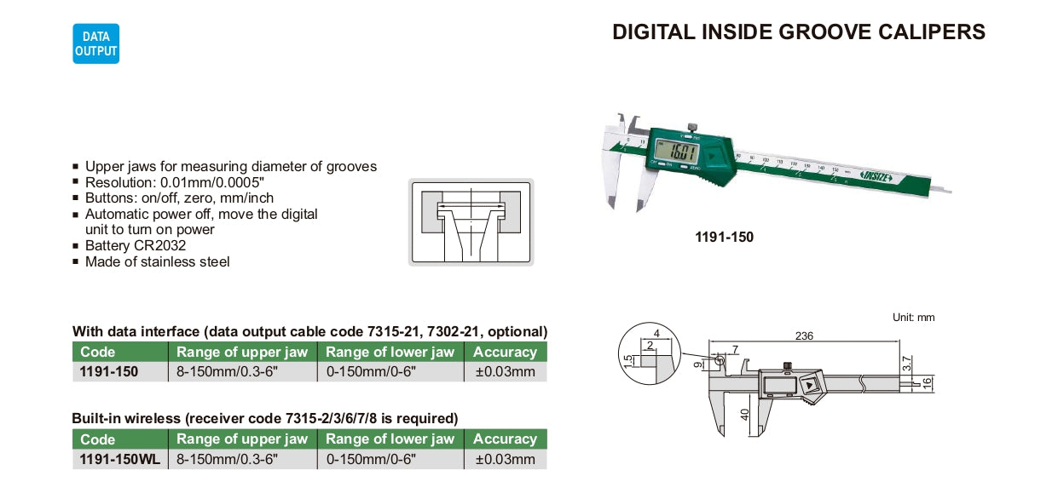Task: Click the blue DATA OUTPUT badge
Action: tap(95, 43)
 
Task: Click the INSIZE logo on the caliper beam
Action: tap(876, 177)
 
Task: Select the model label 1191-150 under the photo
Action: tap(724, 237)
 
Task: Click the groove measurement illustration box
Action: tap(471, 222)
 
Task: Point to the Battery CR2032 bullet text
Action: tap(136, 246)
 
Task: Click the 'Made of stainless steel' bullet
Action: tap(157, 261)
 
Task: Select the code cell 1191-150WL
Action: tap(120, 459)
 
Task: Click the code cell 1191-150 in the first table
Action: tap(108, 371)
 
